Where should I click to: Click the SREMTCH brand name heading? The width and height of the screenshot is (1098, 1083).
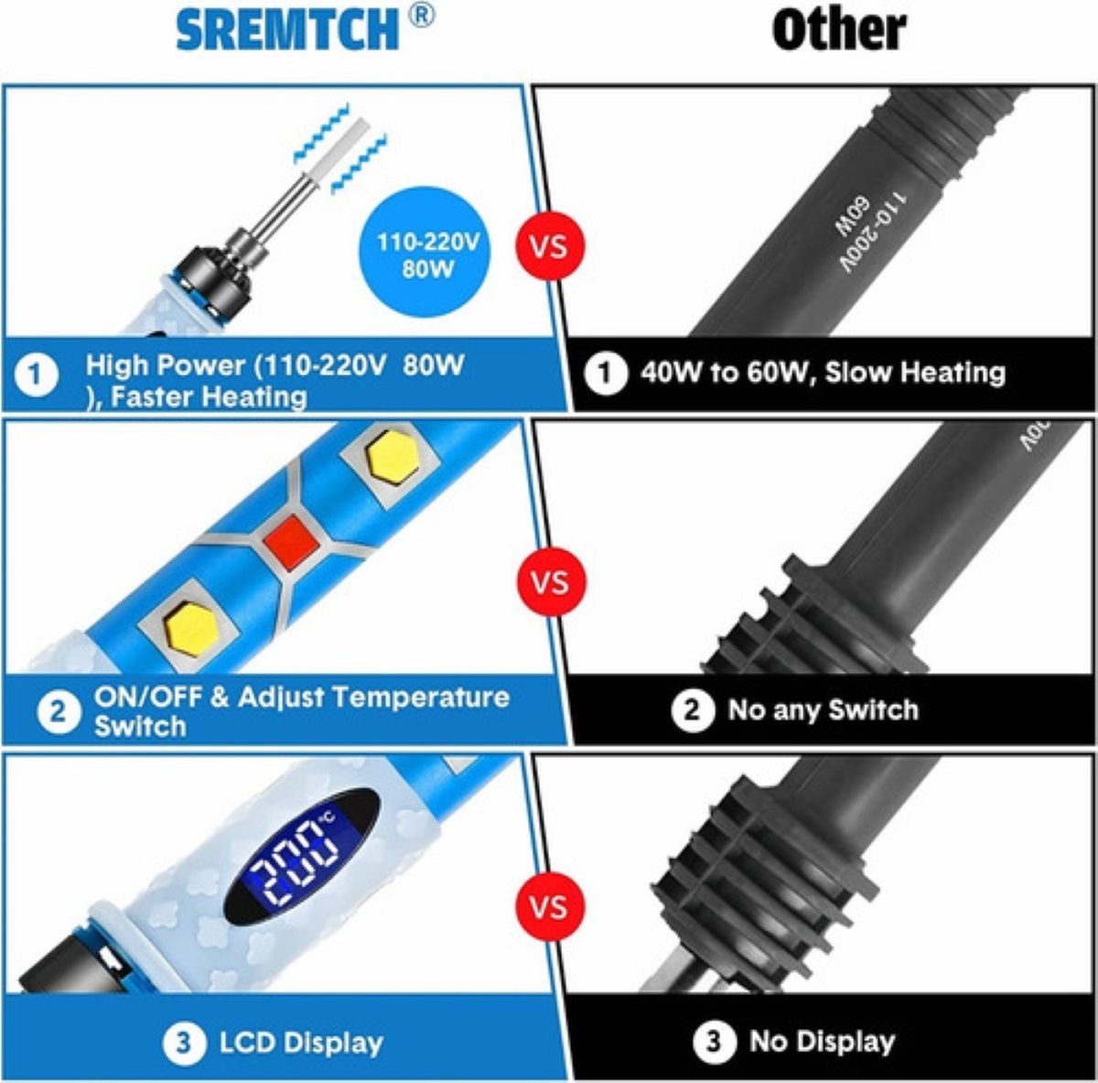[x=287, y=31]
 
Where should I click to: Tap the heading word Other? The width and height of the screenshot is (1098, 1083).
[x=838, y=30]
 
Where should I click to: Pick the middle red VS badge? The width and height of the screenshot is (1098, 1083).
[x=549, y=582]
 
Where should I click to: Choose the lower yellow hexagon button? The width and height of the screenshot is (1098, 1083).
[x=190, y=628]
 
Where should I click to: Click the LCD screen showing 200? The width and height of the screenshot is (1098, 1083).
[x=302, y=857]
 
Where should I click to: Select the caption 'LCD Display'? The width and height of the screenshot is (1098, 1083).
[x=301, y=1043]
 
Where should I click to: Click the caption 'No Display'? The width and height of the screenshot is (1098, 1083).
[x=822, y=1041]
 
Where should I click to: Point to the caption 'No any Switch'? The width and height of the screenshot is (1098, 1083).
[x=823, y=709]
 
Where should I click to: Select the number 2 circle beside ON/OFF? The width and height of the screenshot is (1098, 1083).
[x=59, y=711]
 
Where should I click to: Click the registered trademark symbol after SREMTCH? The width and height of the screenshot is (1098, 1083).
[x=421, y=16]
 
